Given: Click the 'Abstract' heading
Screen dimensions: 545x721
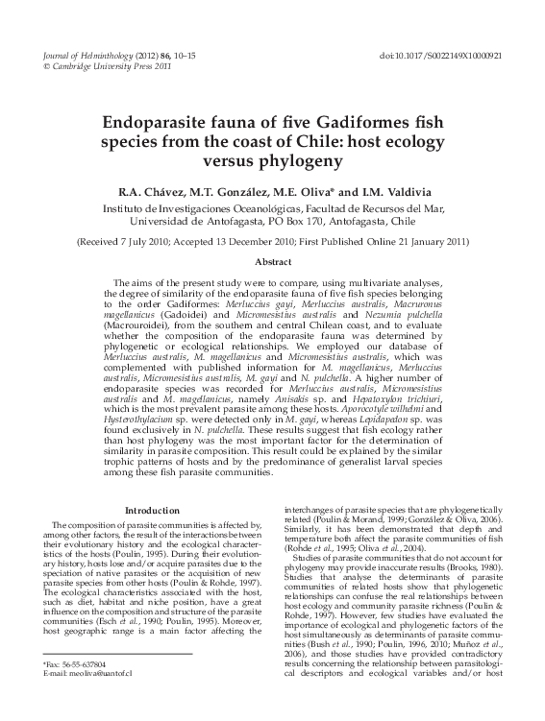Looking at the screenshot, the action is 272,261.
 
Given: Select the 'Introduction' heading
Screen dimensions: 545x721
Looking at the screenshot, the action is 152,510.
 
